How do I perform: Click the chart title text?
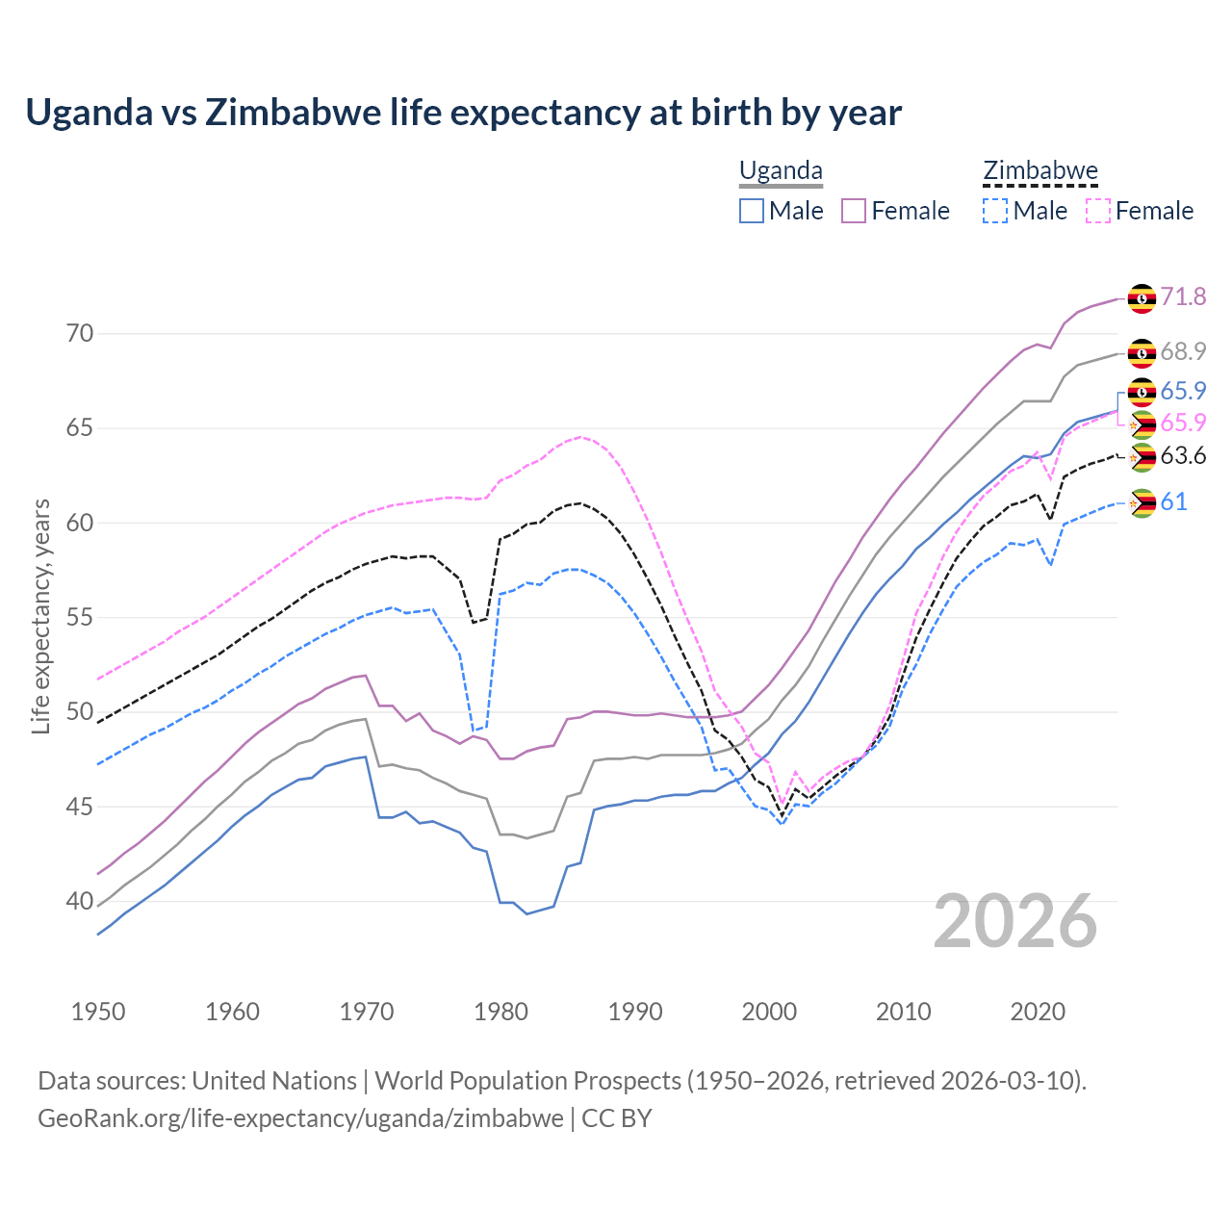(x=463, y=113)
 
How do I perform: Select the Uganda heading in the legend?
(x=781, y=171)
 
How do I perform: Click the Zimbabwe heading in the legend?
(x=1039, y=171)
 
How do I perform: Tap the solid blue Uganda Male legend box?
(x=752, y=211)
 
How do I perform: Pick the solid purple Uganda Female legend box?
(x=854, y=211)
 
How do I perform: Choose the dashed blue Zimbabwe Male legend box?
(x=995, y=211)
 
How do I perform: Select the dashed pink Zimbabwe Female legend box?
(x=1098, y=211)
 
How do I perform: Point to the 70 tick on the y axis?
(x=80, y=334)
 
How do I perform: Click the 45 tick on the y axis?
(x=80, y=807)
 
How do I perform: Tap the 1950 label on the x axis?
(x=98, y=1012)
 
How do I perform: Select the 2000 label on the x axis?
(x=769, y=1012)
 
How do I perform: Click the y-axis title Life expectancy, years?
(x=41, y=616)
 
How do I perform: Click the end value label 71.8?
(x=1183, y=296)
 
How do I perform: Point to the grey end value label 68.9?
(x=1183, y=351)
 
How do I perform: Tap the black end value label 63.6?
(x=1183, y=455)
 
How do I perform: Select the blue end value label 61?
(x=1173, y=501)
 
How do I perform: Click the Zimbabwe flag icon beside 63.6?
(x=1142, y=457)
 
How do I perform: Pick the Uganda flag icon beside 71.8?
(x=1142, y=298)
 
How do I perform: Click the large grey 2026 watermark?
(x=1015, y=921)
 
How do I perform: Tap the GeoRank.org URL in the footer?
(x=300, y=1118)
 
